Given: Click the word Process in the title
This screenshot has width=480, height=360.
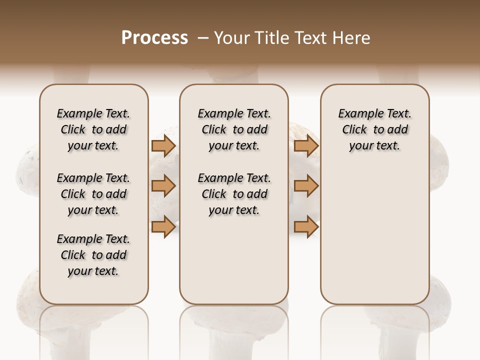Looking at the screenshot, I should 154,38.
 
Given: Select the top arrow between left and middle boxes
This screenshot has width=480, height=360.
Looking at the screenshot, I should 163,145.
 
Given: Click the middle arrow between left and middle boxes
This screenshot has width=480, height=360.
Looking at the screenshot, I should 163,186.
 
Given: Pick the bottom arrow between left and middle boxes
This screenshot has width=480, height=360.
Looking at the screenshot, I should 163,226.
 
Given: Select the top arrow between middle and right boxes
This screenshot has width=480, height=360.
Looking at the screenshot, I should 306,145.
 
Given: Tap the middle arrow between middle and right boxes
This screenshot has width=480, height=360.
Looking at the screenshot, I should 306,186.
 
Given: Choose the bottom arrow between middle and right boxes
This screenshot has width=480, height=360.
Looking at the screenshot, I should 306,226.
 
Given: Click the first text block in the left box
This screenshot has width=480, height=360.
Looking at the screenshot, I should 93,129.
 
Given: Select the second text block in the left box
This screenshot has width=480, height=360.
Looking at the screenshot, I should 93,194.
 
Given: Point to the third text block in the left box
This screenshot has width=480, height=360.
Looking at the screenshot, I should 93,255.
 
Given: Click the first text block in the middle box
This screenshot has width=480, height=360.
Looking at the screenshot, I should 234,129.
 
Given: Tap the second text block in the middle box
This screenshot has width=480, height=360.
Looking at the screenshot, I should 234,194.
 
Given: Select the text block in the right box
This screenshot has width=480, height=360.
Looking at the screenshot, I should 374,129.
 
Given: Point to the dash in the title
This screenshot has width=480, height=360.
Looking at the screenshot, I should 203,38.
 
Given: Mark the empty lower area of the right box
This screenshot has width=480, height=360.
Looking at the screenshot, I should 374,235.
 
